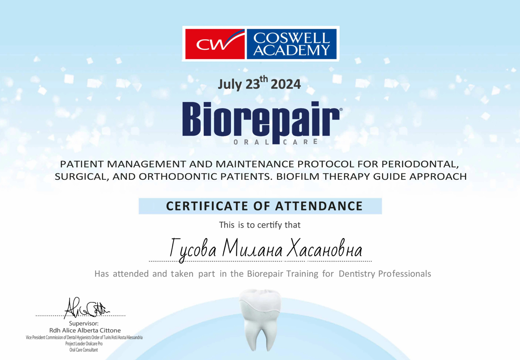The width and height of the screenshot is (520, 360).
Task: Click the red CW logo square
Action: point(215,44)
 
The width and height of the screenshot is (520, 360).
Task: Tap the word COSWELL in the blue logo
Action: point(292,38)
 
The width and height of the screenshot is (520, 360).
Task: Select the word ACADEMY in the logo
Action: point(291,50)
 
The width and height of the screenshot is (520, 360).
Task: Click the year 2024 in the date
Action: point(286,84)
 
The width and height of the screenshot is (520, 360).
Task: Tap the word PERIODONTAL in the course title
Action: point(420,164)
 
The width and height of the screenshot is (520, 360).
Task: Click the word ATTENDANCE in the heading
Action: point(319,206)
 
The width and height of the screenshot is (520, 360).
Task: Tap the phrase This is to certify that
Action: point(260,225)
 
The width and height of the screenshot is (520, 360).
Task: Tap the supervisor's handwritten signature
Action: point(86,308)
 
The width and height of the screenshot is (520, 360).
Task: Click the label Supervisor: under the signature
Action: point(84,323)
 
